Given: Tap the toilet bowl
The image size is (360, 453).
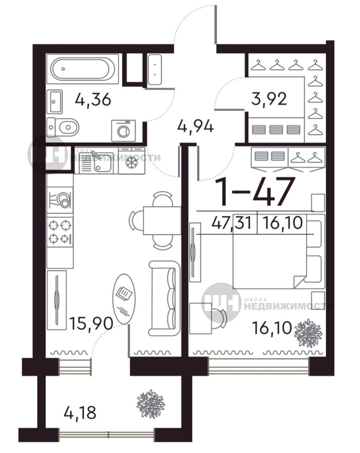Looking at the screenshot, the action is [63, 127].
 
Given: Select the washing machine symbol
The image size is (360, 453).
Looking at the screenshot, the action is [123, 131].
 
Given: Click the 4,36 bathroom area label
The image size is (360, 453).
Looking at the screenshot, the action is [93, 100].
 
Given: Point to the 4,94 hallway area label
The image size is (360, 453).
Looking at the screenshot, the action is [195, 127].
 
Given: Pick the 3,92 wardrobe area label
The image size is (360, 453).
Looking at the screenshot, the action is [269, 99].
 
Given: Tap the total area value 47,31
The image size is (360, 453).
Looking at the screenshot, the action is [231, 223].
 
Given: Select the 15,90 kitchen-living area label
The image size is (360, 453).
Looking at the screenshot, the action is [91, 323].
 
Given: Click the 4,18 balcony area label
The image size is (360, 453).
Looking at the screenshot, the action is [80, 413].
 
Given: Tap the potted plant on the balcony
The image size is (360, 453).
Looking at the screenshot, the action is [150, 403].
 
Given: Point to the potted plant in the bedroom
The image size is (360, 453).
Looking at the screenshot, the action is [308, 333].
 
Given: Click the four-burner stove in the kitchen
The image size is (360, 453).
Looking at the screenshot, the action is [60, 232].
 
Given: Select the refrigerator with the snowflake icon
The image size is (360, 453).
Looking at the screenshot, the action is [132, 161].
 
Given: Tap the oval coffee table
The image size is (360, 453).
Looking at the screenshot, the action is [124, 299].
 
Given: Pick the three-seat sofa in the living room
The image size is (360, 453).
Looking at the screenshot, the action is [165, 298].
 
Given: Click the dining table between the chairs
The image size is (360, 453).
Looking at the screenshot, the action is [162, 221].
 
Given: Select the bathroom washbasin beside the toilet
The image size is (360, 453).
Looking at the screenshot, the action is [54, 101].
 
